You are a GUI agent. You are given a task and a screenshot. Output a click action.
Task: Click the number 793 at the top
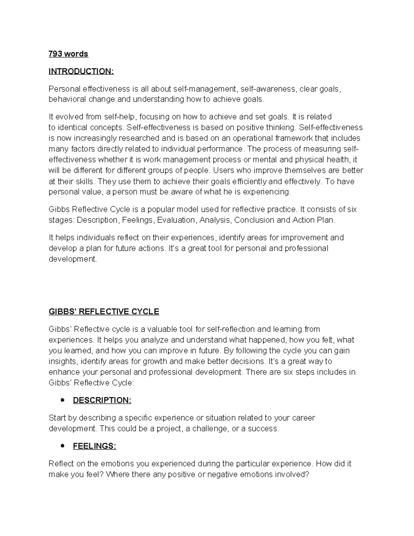click(x=55, y=54)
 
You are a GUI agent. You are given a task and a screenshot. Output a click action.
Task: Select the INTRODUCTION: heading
click(x=81, y=71)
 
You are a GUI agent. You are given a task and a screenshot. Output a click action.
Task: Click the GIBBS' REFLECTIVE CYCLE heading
click(x=103, y=312)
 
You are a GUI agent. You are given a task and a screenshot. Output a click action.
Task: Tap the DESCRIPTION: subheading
click(x=102, y=400)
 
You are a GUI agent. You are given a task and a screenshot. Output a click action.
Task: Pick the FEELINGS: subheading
click(x=94, y=446)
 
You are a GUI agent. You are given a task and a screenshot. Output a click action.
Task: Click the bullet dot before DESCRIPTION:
click(x=62, y=400)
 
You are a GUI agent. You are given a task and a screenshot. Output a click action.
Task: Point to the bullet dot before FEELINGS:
click(x=62, y=446)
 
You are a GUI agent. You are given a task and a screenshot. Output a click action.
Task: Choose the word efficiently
click(x=245, y=182)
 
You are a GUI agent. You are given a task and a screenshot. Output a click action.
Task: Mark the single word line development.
click(x=73, y=259)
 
